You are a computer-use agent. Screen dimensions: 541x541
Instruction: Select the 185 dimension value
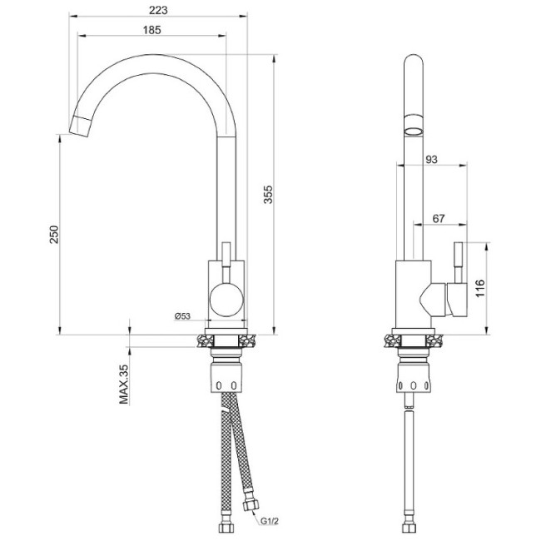(151, 29)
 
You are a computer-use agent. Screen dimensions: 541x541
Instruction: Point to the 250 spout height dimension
(53, 233)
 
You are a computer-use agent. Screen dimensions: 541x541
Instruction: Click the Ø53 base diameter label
(182, 315)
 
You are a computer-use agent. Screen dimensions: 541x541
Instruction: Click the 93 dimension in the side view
(433, 160)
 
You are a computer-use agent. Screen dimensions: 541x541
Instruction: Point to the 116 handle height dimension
(479, 287)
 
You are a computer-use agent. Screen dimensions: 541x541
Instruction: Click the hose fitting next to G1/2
(251, 504)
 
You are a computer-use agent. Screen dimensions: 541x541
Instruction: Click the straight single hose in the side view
(409, 466)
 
